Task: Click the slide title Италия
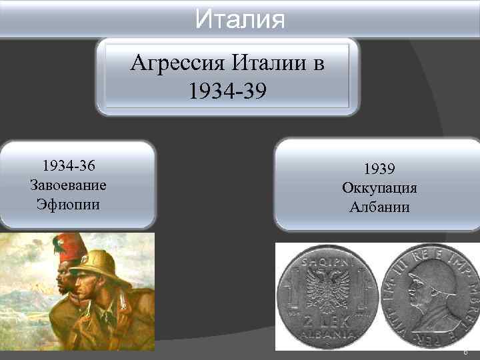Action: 240,17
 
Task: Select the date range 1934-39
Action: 227,90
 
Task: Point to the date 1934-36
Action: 69,165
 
